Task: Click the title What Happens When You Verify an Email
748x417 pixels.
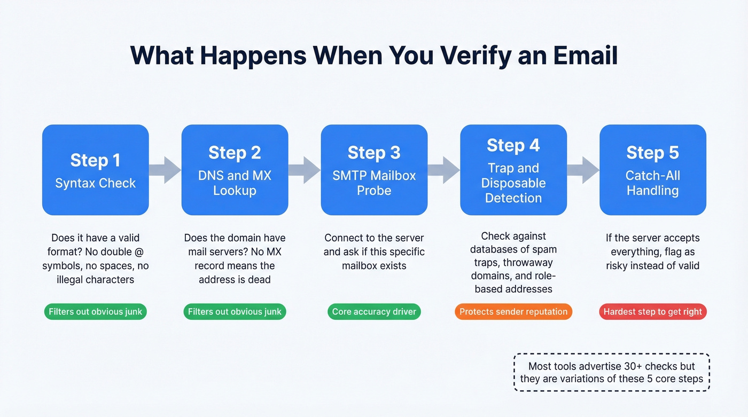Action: coord(374,56)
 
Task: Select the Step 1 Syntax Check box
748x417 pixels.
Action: coord(96,170)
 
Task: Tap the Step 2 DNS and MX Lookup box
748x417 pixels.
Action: coord(235,170)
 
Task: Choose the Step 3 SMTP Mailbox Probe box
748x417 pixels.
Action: coord(374,170)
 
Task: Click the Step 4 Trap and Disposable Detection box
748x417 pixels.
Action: coord(513,170)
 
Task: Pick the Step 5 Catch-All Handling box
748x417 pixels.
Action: coord(652,170)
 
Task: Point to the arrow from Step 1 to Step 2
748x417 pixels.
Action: coord(165,170)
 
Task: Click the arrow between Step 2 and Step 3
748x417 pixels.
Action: coord(305,170)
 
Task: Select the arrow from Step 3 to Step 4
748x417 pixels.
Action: coord(444,170)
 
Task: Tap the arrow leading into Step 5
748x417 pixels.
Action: coord(583,170)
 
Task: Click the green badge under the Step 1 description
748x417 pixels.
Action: coord(96,312)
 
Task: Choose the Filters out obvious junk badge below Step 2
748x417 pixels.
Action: coord(235,312)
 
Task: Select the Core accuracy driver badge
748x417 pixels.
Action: coord(374,312)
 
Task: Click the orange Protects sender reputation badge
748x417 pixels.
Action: coord(513,312)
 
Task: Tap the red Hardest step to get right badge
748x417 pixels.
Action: coord(653,312)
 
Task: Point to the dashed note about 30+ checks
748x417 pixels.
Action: coord(612,373)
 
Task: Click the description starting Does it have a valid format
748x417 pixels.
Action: coord(96,258)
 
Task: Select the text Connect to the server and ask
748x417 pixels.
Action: coord(374,251)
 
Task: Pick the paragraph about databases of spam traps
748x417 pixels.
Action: coord(513,262)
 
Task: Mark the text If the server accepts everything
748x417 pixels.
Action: coord(652,251)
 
